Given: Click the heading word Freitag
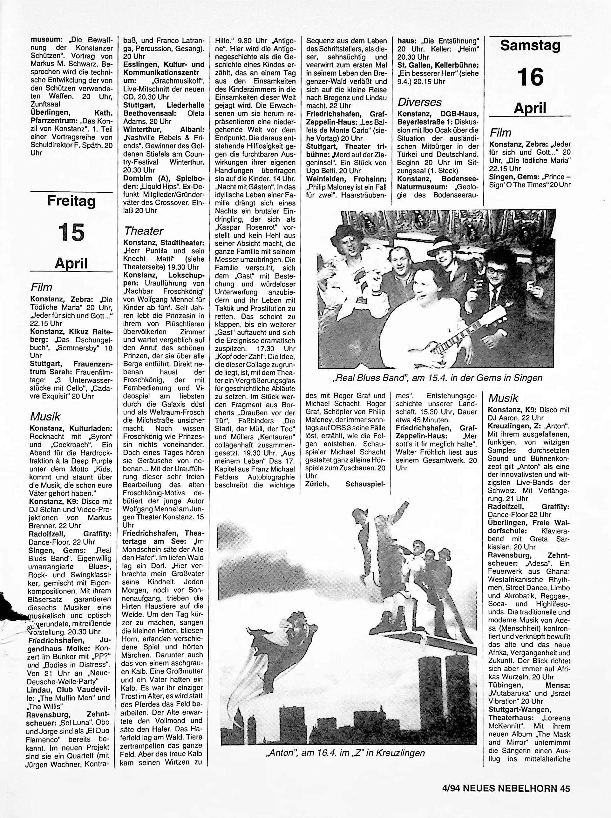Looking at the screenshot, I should (71, 201).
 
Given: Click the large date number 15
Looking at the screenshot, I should (71, 232).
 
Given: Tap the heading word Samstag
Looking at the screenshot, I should (530, 46).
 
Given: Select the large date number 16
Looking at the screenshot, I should (530, 77).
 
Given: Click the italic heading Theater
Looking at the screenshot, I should (144, 231).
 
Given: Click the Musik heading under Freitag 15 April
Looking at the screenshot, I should (45, 417).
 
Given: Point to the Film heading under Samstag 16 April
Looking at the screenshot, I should (500, 133).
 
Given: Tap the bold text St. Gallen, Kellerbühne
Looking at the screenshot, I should (438, 65).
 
